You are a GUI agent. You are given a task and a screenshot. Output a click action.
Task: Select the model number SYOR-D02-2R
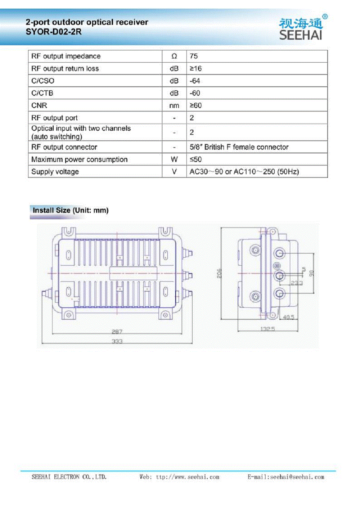coord(54,32)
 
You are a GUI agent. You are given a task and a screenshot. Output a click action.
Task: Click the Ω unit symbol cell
coord(174,56)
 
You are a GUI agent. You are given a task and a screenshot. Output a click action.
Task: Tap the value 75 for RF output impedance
coord(194,56)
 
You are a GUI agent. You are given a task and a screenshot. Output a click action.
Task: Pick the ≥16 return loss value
coord(196,68)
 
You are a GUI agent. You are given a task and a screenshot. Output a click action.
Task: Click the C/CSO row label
coord(43,81)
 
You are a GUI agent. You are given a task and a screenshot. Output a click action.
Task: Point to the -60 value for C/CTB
coord(195,93)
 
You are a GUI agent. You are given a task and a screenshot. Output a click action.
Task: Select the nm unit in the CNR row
coord(174,105)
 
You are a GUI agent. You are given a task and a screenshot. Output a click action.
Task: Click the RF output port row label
coord(54,118)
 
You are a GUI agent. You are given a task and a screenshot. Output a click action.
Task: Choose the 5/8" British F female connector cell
coord(239,147)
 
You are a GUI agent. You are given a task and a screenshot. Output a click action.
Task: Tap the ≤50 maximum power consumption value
coord(196,159)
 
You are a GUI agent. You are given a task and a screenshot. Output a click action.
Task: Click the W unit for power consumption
coord(174,159)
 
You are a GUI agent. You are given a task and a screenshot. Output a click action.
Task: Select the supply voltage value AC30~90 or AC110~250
coord(244,171)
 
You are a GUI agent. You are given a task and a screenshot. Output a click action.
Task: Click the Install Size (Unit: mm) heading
coord(71,210)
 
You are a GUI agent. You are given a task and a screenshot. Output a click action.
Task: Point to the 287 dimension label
coord(117,332)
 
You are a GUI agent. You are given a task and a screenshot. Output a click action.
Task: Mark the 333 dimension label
coord(117,341)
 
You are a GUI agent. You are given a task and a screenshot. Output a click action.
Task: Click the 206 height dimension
coord(219,274)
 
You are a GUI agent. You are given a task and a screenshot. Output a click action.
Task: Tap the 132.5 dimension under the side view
coord(267,329)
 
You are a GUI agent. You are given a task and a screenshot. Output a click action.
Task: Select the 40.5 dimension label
coord(288,317)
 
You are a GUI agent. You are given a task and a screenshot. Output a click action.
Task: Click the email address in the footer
coord(286,477)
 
